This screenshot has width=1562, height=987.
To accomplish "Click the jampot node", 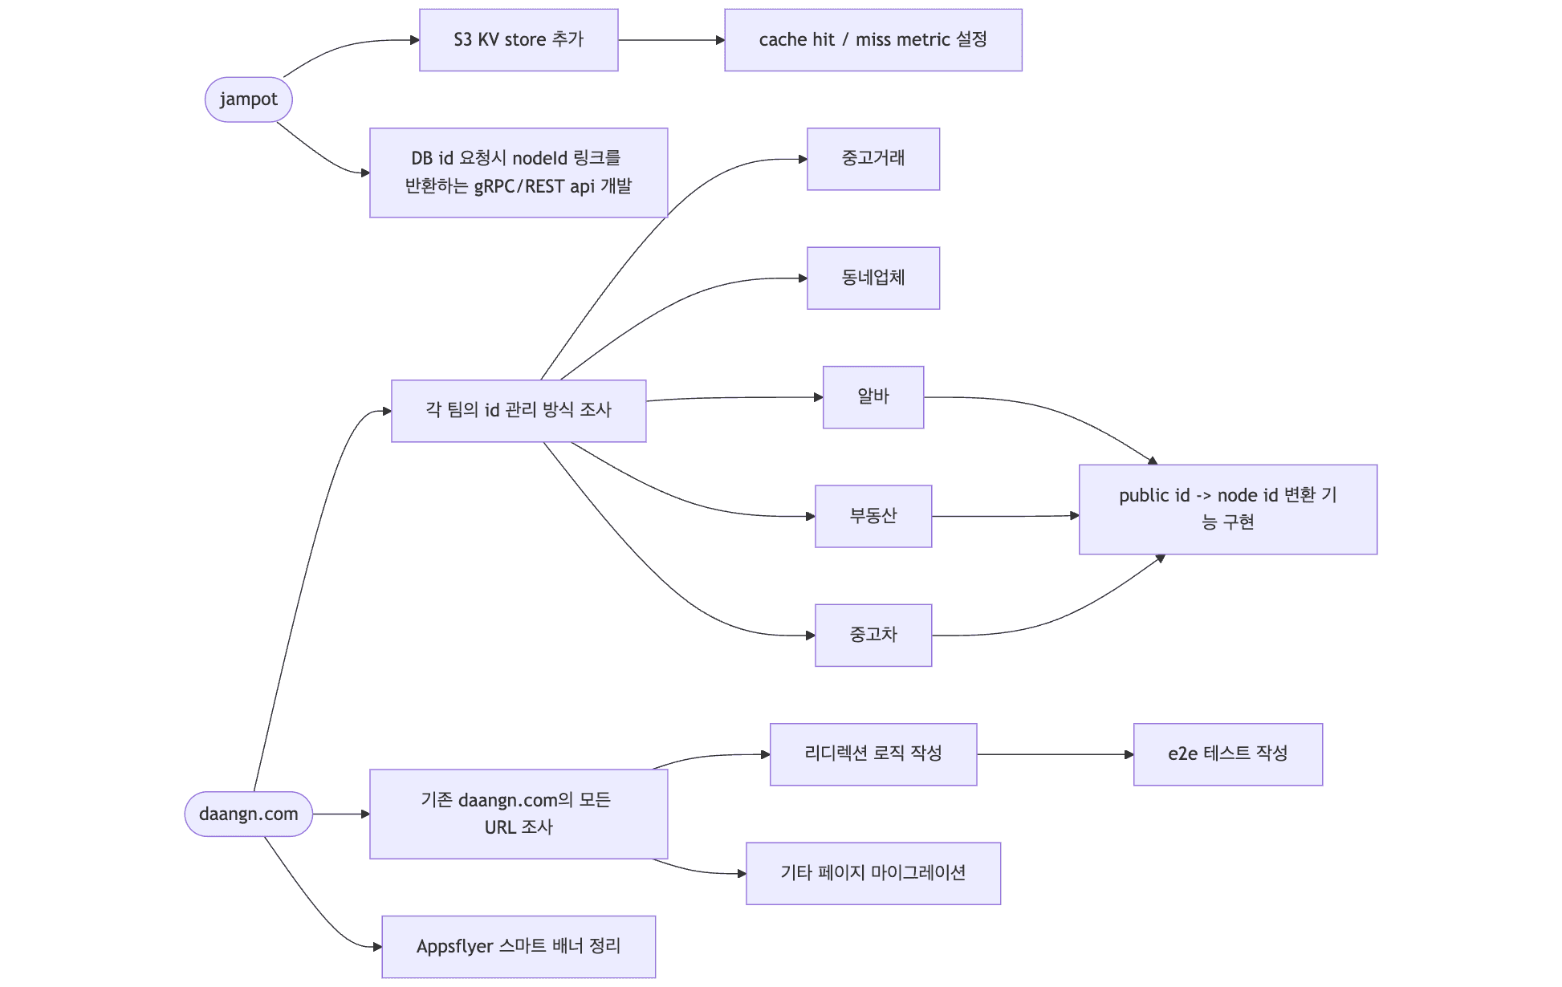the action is [x=249, y=100].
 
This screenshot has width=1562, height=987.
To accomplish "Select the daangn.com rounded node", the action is [x=249, y=814].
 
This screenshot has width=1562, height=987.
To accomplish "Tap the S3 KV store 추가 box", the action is [x=519, y=40].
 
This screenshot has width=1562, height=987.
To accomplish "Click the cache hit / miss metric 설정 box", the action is [x=873, y=40].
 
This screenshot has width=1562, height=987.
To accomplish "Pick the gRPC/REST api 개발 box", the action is [x=519, y=173].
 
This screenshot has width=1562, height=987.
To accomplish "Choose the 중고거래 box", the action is [x=873, y=159].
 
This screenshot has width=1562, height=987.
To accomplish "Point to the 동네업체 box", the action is [x=873, y=278].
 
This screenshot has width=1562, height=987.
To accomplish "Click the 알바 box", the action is [x=873, y=397].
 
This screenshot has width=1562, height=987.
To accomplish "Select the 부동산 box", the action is [x=873, y=516].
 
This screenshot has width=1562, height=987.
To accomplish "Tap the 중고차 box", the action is [x=873, y=635].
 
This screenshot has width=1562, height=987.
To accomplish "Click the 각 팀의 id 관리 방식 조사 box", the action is [x=519, y=411].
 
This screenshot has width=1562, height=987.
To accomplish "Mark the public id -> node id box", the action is [x=1228, y=510].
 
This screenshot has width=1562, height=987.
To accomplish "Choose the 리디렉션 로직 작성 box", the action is [x=873, y=754].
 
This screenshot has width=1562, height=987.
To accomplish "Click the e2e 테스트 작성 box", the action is [x=1228, y=754].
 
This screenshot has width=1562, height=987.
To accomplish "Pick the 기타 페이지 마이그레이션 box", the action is [x=873, y=873].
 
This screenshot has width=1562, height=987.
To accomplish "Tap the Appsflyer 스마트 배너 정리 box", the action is [x=519, y=947].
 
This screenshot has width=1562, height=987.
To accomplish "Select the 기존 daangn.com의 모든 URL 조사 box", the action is [x=519, y=814].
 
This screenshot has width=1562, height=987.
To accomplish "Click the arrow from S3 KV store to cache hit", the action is [x=672, y=40].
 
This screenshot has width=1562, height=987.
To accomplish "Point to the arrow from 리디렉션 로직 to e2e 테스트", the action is [x=1056, y=754].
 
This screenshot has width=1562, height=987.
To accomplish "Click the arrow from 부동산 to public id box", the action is [x=1006, y=516].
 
